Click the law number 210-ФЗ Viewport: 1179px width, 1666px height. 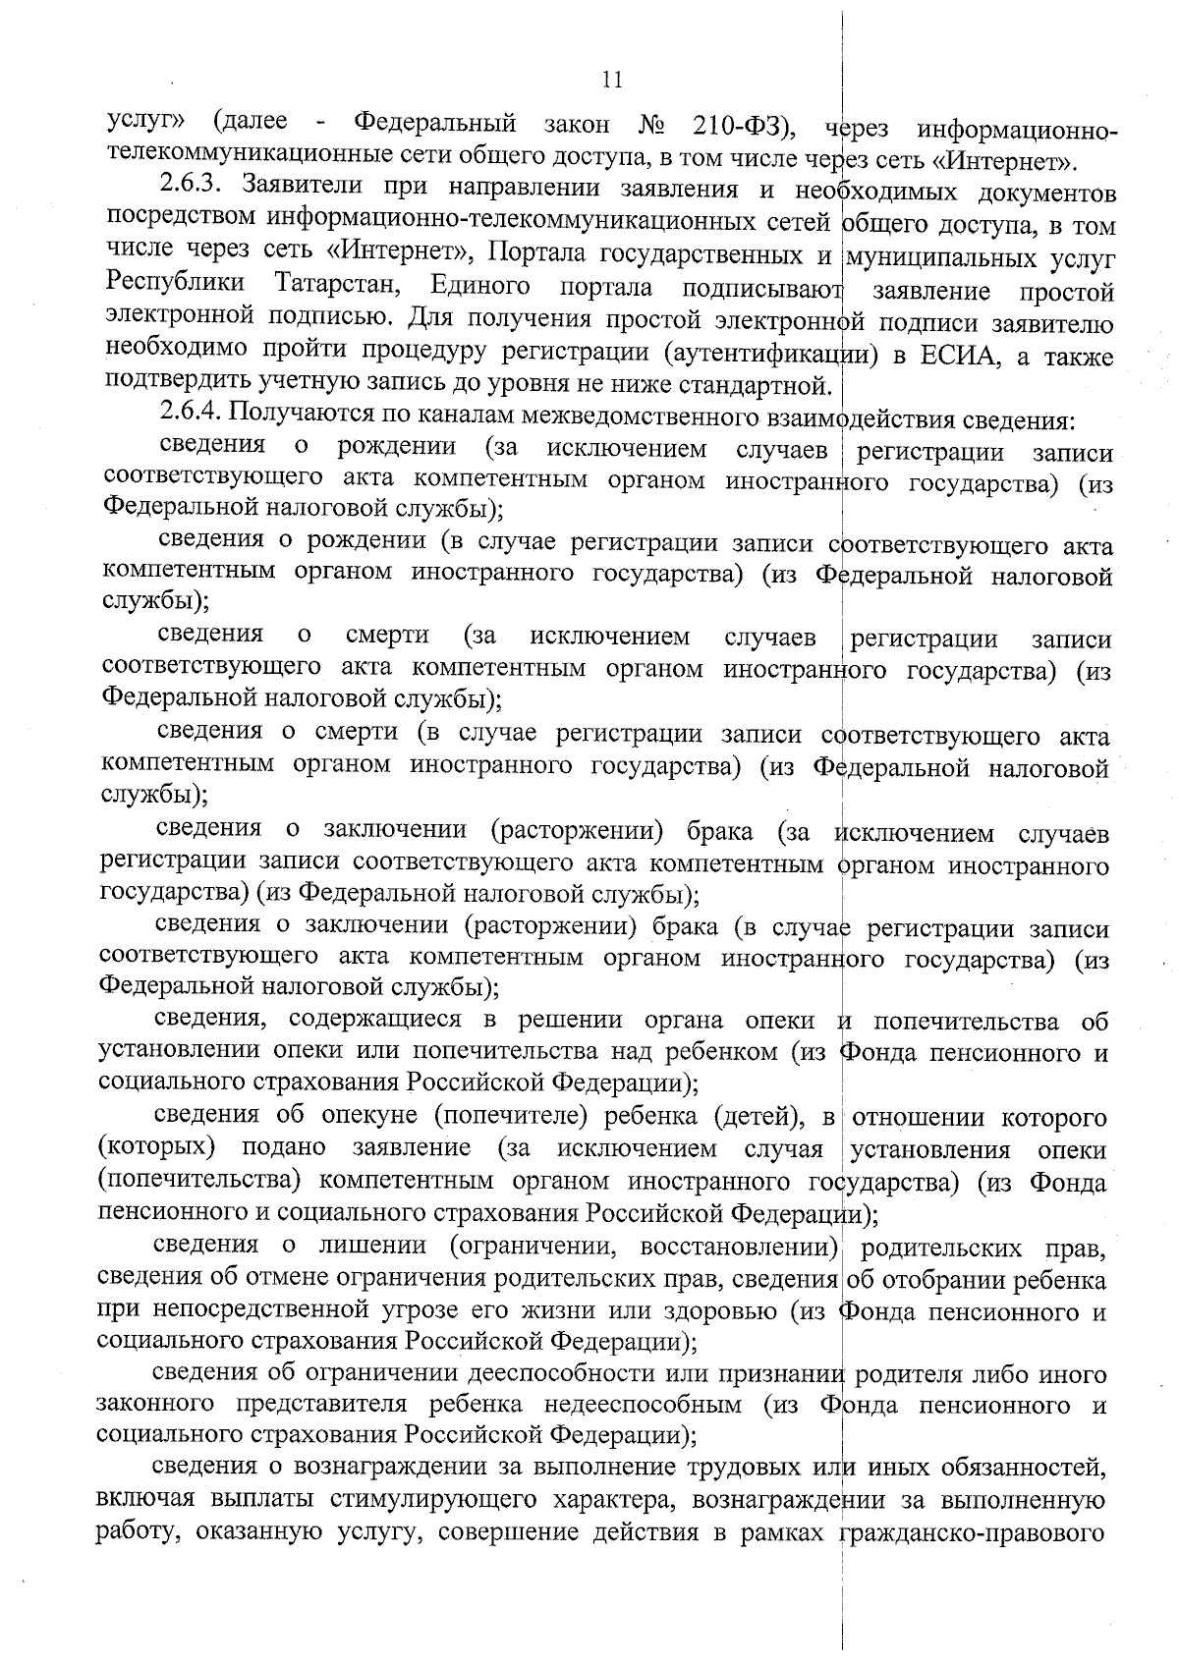click(x=736, y=125)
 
